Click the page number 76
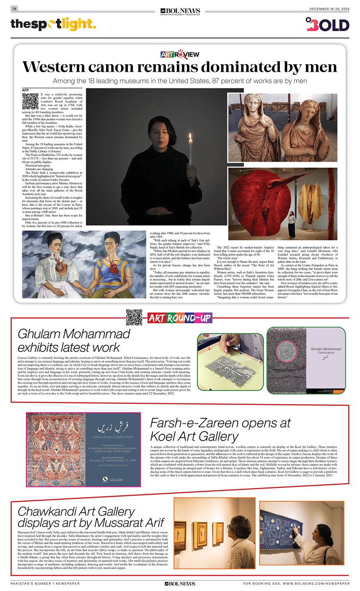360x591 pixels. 14,9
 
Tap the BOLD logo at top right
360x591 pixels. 327,24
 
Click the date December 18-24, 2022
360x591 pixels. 329,9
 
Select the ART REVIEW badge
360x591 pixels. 180,54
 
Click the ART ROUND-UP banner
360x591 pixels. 179,318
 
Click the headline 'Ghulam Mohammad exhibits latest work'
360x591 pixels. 74,340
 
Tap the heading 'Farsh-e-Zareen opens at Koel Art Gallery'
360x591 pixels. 220,430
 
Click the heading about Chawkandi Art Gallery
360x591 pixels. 90,517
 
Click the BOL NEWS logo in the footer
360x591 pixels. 180,583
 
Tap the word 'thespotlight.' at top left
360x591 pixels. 53,24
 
